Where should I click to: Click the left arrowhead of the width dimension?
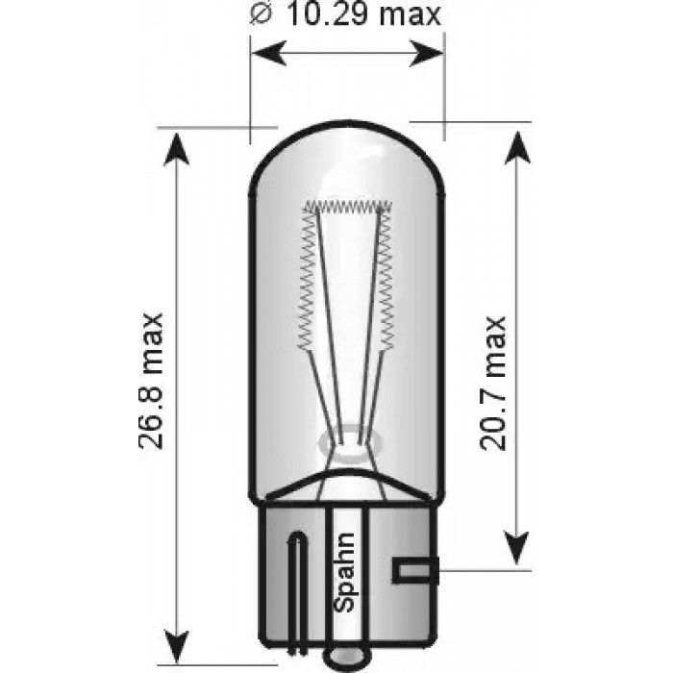tap(262, 54)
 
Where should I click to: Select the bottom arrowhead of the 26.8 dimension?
tap(176, 636)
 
